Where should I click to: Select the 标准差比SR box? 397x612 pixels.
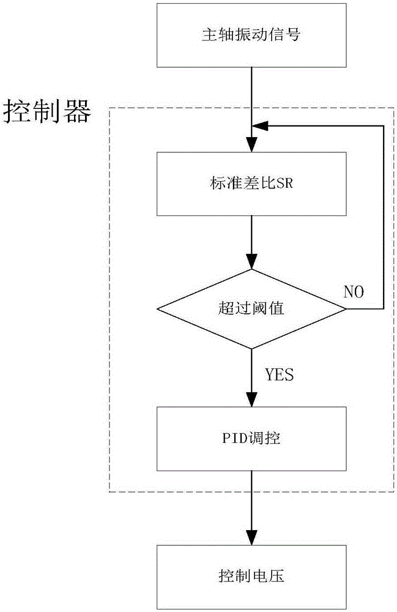(x=251, y=184)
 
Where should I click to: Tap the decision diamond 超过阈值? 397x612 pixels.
(x=251, y=309)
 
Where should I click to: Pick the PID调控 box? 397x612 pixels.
(x=251, y=438)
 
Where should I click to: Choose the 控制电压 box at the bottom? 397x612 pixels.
(x=251, y=577)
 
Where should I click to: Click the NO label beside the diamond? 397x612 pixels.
(x=353, y=292)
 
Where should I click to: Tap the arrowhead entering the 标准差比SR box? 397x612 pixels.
(x=251, y=147)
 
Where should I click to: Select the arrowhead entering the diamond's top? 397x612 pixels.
(x=251, y=263)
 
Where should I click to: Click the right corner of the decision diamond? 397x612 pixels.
(x=346, y=309)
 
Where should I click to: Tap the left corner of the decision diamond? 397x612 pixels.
(x=157, y=309)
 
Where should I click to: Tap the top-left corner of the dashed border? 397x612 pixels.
(x=109, y=109)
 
